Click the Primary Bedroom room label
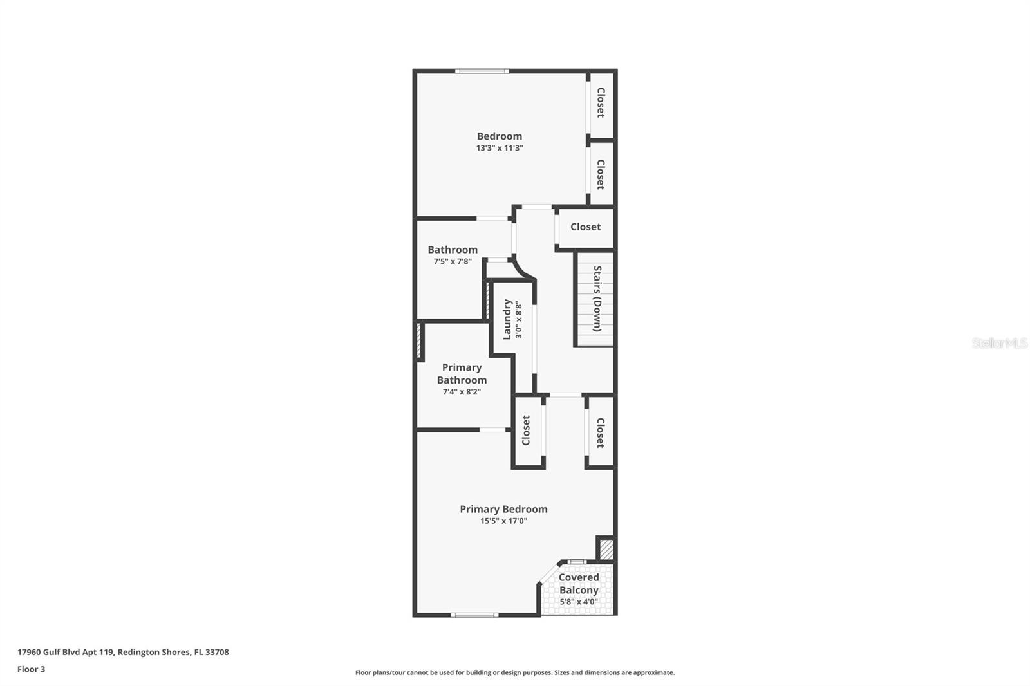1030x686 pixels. coord(503,509)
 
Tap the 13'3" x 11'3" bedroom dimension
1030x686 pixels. coord(500,148)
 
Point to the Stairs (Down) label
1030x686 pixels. coord(597,299)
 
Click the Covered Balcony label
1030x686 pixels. coord(579,584)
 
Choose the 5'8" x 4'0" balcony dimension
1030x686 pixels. coord(579,602)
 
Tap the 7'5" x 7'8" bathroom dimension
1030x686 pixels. coord(453,262)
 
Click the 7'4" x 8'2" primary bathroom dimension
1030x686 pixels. coord(462,392)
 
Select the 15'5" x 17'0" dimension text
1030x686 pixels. coord(503,521)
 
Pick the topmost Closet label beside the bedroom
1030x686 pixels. coord(601,102)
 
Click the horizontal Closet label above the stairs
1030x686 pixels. coord(585,227)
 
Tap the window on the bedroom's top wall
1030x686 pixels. coord(482,71)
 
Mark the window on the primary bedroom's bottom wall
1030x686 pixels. coord(474,615)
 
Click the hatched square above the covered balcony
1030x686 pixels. coord(606,549)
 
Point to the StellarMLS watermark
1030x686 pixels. coord(999,343)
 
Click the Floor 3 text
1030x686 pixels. coord(31,669)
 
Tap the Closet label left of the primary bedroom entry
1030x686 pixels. coord(526,430)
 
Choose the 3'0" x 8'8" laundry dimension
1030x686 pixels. coord(519,320)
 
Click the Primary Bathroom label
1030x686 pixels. coord(462,374)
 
